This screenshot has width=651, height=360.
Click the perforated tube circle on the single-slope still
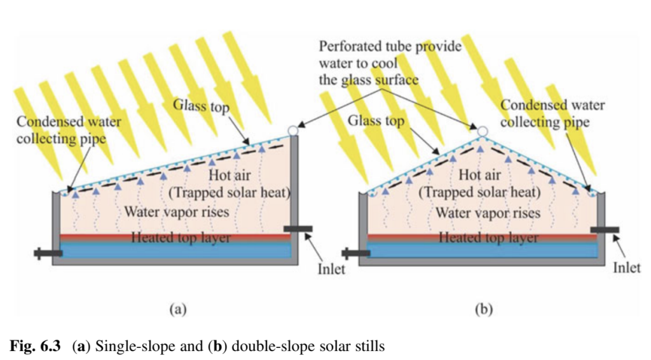point(292,130)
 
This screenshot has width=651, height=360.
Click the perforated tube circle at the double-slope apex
point(483,131)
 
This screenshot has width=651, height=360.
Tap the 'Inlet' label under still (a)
point(331,268)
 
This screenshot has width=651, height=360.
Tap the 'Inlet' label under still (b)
point(626,268)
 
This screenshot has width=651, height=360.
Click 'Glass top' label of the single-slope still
point(201,105)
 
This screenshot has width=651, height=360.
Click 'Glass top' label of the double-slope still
point(376,121)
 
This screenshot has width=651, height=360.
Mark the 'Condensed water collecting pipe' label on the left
point(60,128)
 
